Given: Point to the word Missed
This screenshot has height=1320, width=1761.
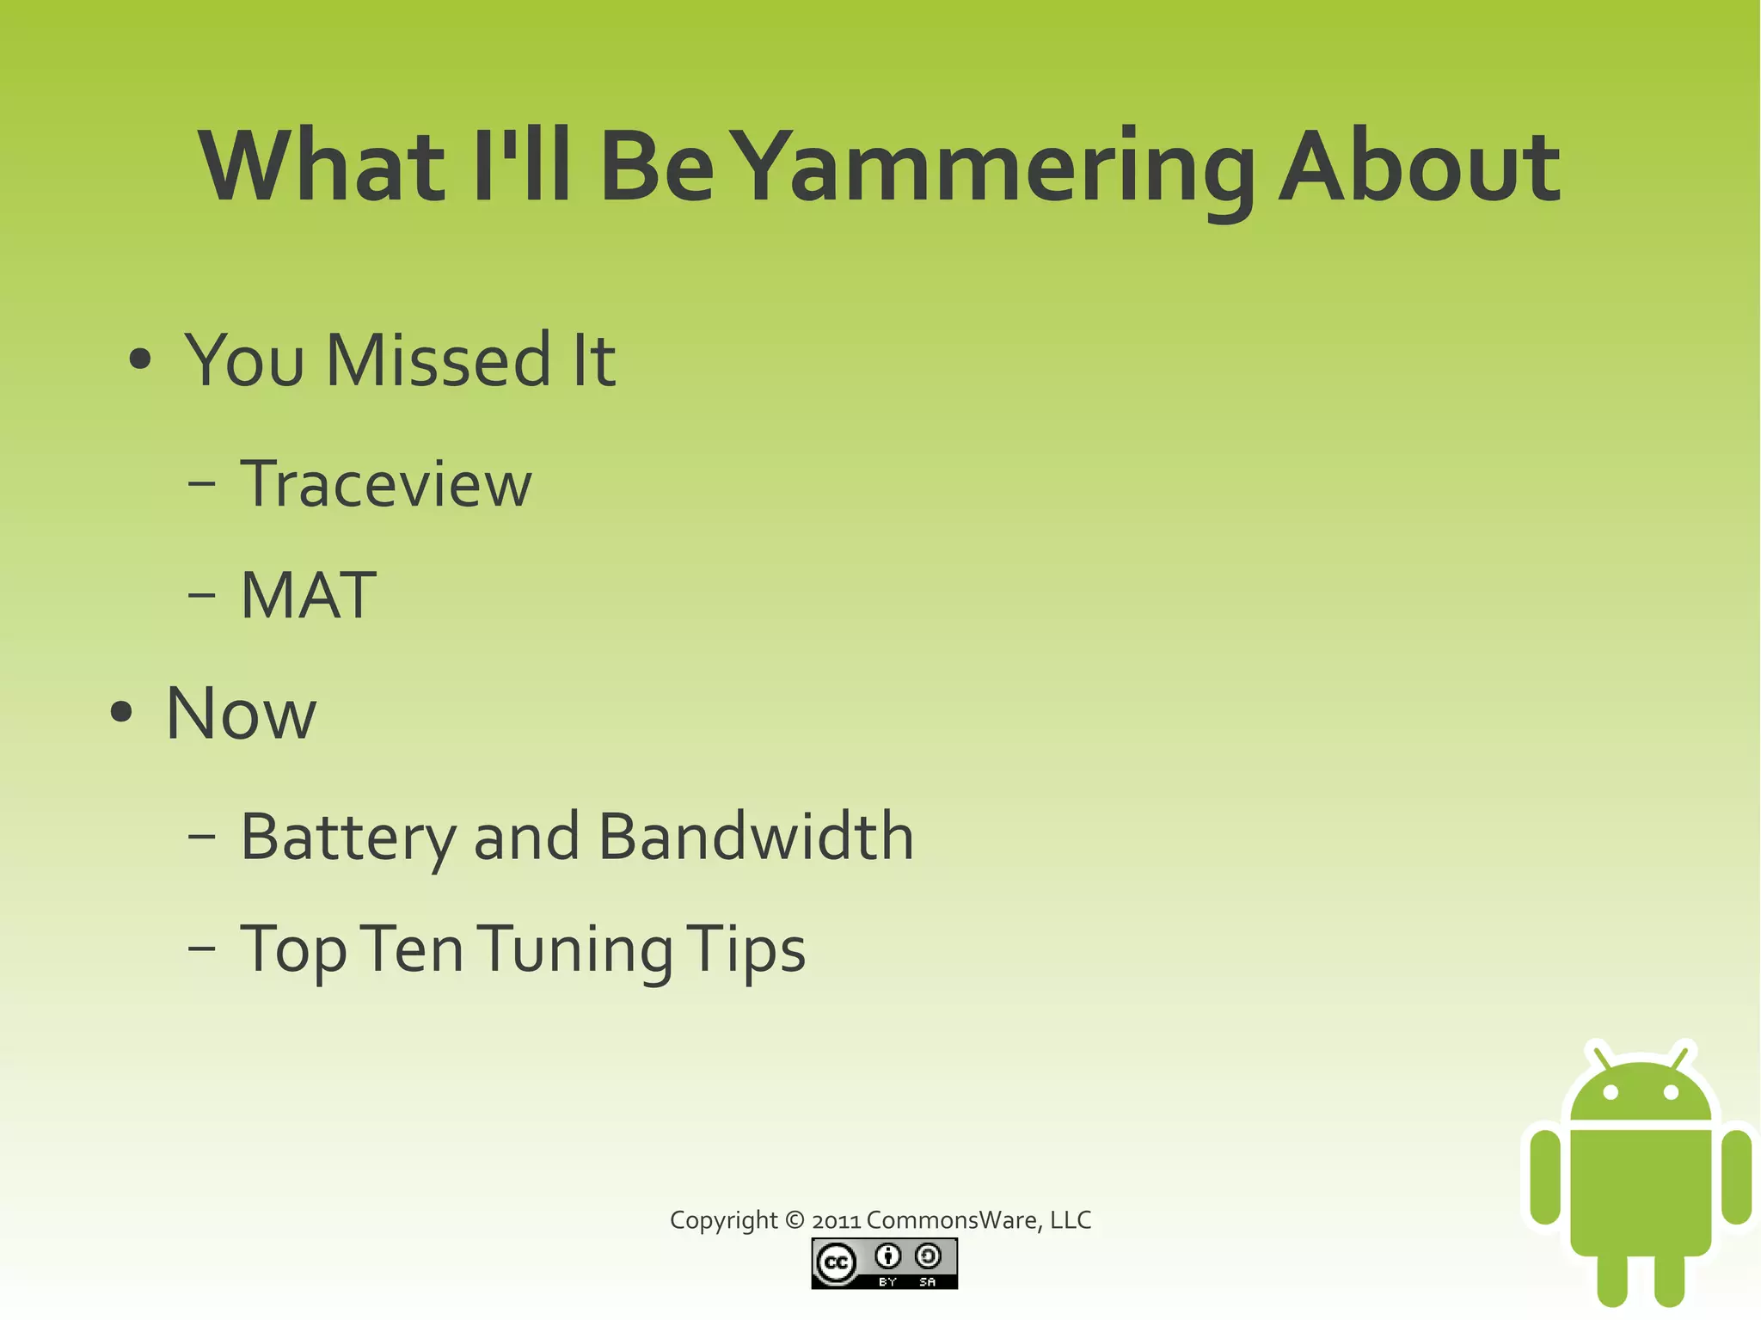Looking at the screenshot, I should [x=438, y=361].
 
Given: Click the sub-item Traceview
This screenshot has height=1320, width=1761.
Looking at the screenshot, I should [x=386, y=484].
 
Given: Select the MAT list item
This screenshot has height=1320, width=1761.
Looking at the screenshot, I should [x=308, y=595].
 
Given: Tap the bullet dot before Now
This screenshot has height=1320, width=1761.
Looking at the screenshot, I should [x=121, y=712].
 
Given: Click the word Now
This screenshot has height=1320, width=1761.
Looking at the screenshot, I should [x=241, y=714].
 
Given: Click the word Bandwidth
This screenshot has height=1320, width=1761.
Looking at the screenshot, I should [x=755, y=837].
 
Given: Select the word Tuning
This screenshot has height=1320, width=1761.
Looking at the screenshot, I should [x=574, y=949].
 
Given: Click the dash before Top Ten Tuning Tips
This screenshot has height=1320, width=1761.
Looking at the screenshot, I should [x=201, y=949].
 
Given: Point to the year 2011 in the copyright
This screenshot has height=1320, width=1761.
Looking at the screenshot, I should [x=836, y=1221].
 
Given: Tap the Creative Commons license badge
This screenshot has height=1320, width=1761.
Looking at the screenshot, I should [x=884, y=1263].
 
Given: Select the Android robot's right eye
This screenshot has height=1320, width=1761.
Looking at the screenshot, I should [x=1671, y=1093].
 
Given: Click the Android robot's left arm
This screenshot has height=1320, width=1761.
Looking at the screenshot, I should [x=1545, y=1176].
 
